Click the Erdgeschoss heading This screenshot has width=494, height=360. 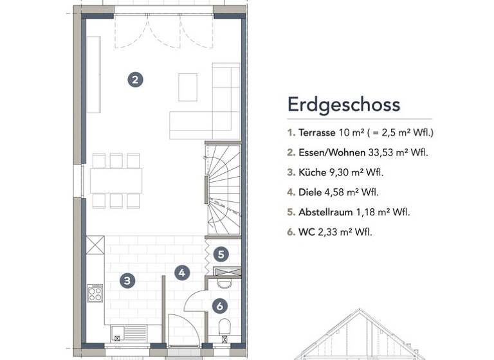(343, 104)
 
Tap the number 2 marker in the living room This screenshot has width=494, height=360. (135, 80)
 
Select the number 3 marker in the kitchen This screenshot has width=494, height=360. (127, 280)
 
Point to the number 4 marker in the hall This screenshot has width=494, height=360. (183, 273)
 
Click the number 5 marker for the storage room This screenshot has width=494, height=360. (221, 254)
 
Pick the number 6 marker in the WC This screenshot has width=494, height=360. (219, 306)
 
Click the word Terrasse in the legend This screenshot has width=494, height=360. (317, 133)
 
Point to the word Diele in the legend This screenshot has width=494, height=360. (310, 192)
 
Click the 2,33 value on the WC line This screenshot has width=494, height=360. (328, 231)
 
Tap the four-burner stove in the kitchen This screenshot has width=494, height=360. (95, 293)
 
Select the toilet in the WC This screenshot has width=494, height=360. (224, 327)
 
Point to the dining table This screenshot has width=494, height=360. (116, 181)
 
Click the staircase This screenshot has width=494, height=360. (223, 190)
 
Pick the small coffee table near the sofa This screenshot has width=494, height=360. (188, 87)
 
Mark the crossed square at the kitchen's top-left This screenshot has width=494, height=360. (95, 244)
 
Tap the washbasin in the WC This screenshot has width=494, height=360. (224, 283)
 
